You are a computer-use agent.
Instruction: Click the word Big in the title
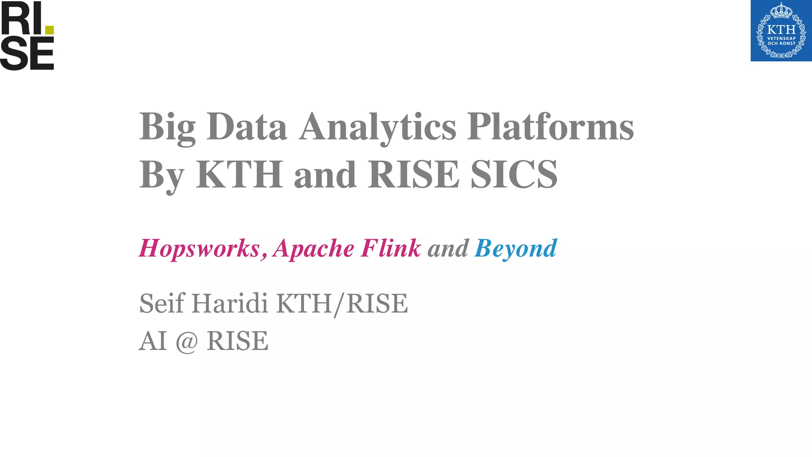167,128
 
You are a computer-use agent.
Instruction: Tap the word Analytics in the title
377,128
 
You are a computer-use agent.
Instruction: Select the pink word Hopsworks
199,249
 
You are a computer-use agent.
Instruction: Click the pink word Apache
314,249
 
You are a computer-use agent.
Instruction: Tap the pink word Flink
391,248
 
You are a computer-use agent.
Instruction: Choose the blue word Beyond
515,249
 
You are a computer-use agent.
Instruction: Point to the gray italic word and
448,249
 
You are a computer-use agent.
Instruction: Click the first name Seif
162,303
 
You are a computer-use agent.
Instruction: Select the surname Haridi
230,303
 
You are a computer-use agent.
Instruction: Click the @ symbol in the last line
186,341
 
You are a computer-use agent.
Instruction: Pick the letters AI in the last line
153,341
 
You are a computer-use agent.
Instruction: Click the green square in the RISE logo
49,30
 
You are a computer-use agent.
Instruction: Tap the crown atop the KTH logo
781,11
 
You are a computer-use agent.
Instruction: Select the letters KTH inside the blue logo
781,30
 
